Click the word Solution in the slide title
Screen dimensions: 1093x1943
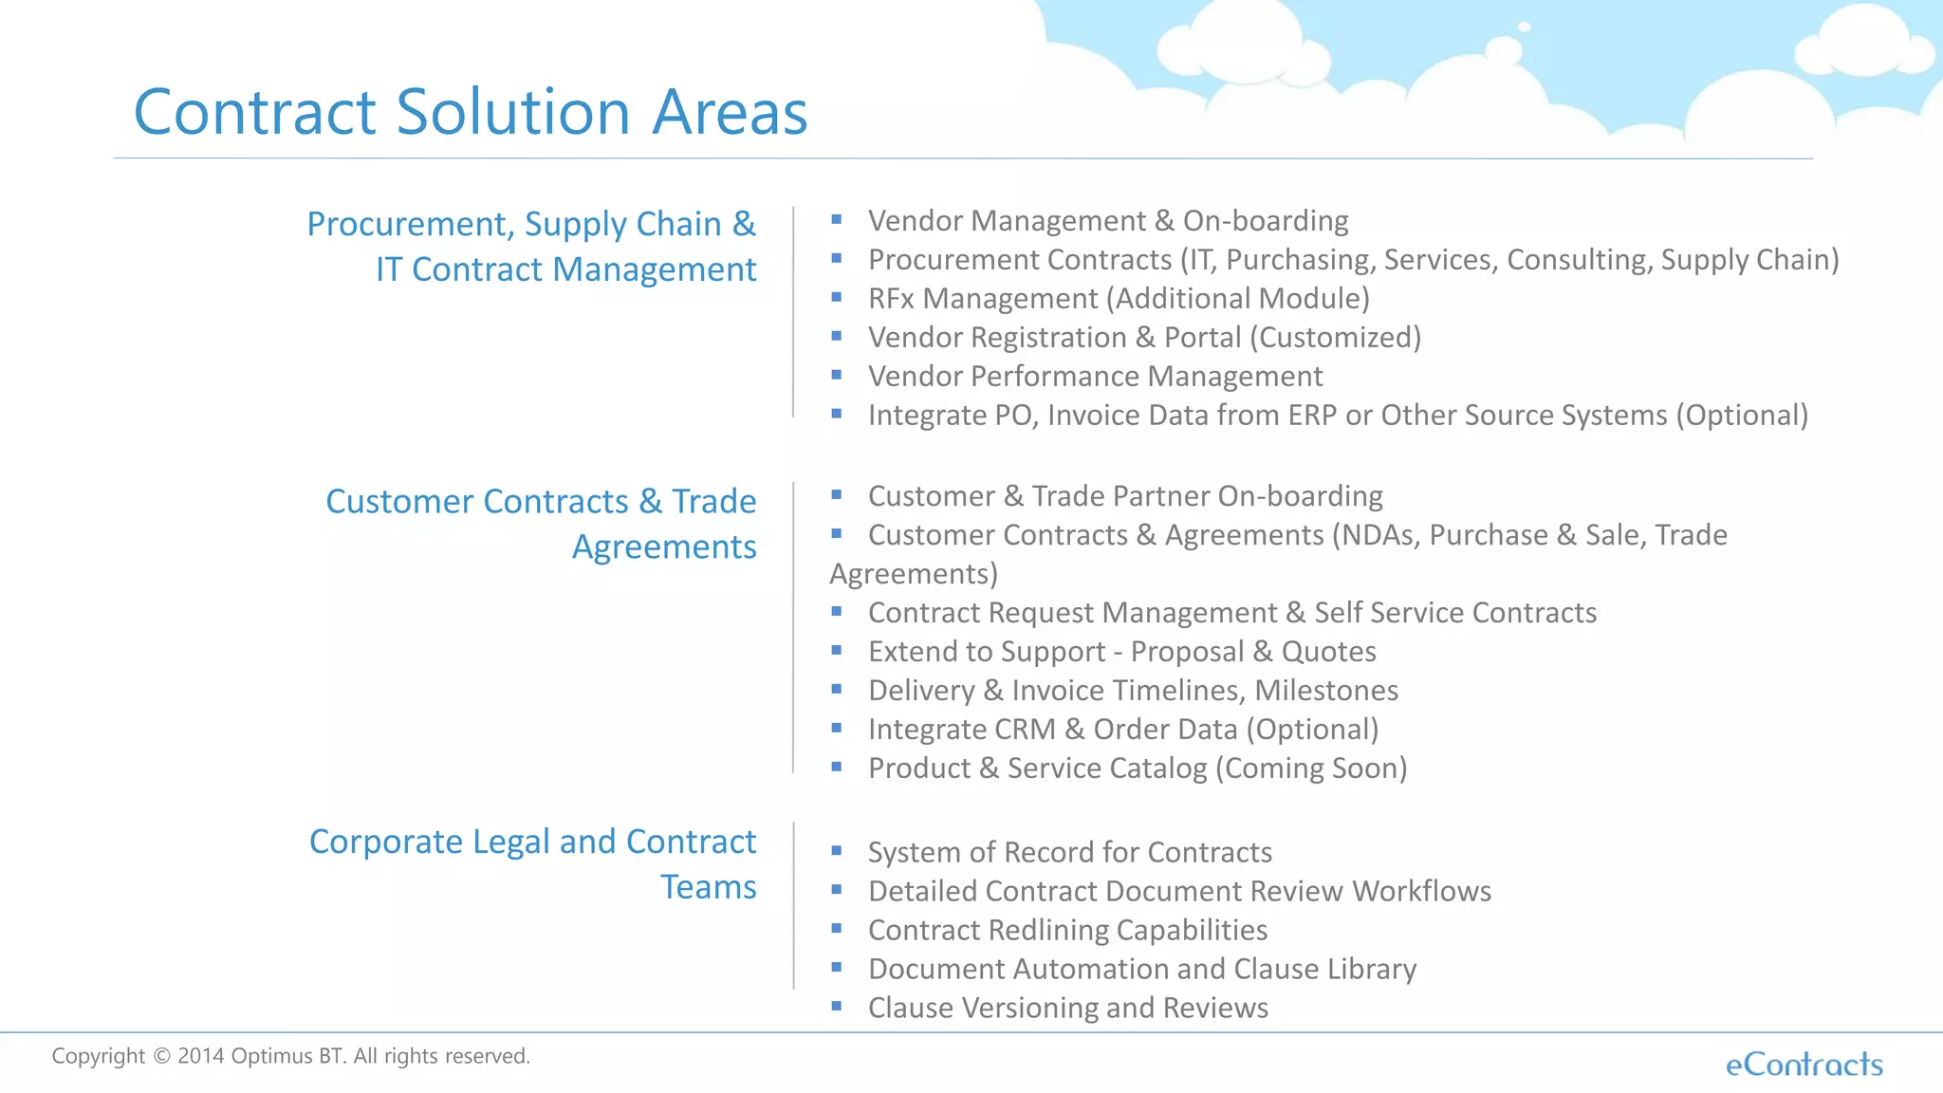pyautogui.click(x=512, y=112)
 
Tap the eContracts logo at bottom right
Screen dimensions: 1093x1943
pyautogui.click(x=1804, y=1065)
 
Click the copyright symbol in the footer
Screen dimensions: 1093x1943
pyautogui.click(x=161, y=1057)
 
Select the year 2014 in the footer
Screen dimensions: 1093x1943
pyautogui.click(x=200, y=1056)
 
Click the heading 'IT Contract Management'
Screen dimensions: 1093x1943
pyautogui.click(x=565, y=269)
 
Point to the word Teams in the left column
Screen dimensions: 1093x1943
pyautogui.click(x=708, y=887)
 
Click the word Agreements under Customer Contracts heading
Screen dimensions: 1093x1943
pyautogui.click(x=663, y=547)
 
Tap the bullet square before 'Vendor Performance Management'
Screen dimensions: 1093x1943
pyautogui.click(x=837, y=376)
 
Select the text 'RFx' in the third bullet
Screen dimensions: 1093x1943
pyautogui.click(x=891, y=299)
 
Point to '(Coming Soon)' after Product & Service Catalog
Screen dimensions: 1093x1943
pyautogui.click(x=1311, y=769)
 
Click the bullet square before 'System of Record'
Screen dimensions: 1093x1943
pyautogui.click(x=837, y=851)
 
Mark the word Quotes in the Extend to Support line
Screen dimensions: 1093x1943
pyautogui.click(x=1328, y=652)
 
